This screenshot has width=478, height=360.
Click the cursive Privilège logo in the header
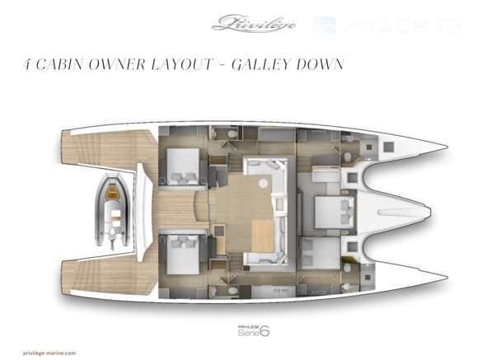[x=253, y=23]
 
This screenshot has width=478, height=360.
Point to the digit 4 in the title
[x=27, y=64]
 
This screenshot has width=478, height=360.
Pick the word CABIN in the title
[x=59, y=64]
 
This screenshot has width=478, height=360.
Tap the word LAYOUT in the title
[x=182, y=64]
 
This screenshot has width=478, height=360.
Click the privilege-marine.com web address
[x=49, y=353]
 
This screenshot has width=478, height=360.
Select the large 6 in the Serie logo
[x=265, y=331]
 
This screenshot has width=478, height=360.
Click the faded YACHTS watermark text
[x=404, y=26]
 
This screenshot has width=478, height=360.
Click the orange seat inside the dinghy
[x=112, y=191]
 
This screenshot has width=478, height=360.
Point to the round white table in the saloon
[x=263, y=183]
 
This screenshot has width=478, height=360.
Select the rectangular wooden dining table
[x=263, y=236]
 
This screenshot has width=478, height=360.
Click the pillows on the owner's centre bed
[x=346, y=212]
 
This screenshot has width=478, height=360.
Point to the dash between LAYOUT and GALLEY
[x=223, y=65]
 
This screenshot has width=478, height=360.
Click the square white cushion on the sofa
[x=279, y=204]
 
